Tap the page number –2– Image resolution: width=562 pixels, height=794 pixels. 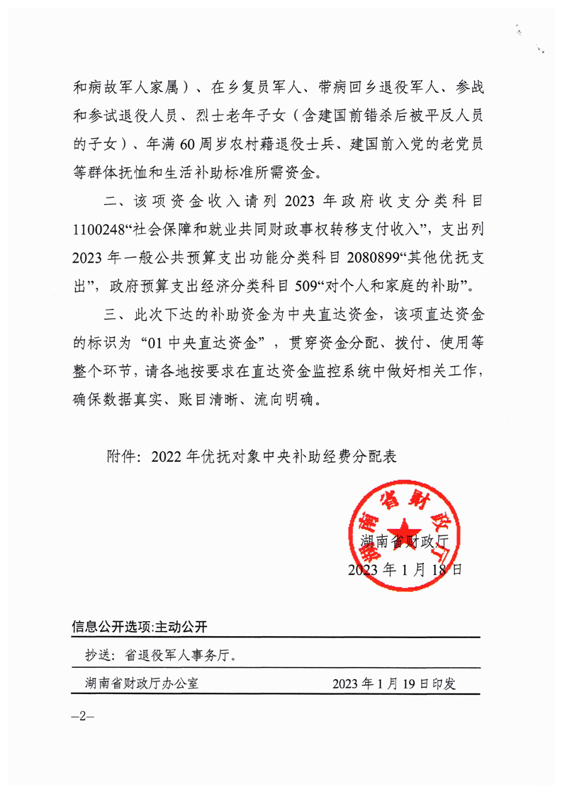83,716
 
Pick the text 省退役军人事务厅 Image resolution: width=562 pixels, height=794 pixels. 180,655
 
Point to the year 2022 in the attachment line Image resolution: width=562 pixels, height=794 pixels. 167,457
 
